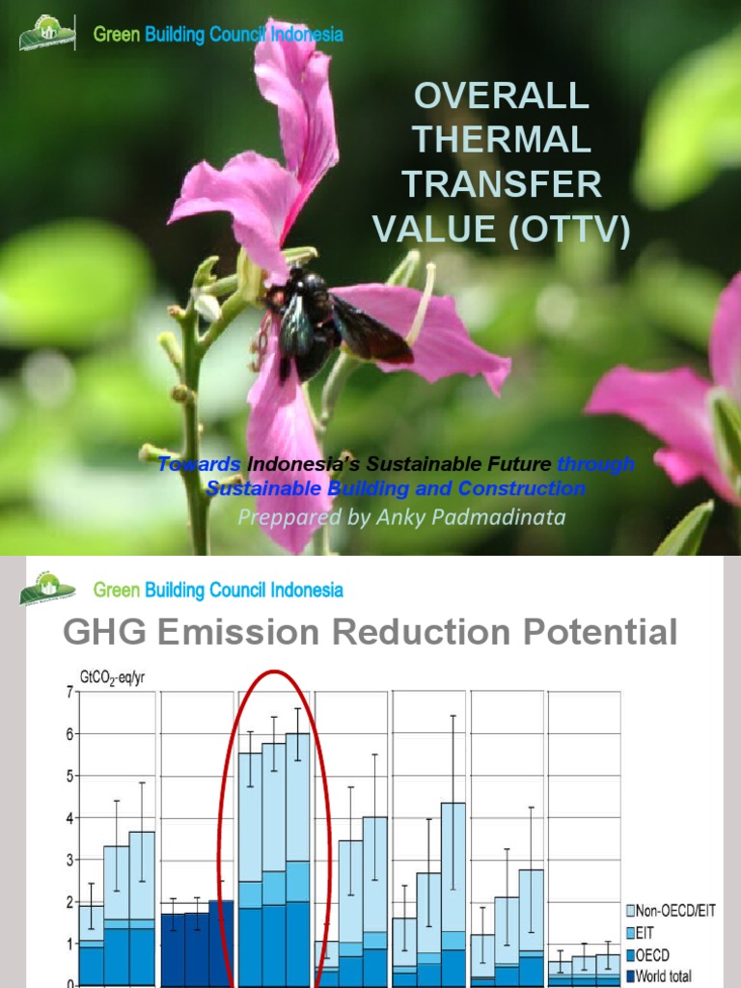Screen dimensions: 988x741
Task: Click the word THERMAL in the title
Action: [502, 140]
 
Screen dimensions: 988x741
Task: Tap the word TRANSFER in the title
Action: [502, 184]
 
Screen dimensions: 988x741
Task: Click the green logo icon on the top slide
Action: [47, 34]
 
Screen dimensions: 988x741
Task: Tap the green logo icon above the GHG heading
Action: [47, 589]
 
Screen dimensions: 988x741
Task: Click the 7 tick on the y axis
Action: [69, 692]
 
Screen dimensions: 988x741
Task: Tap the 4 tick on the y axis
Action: [69, 818]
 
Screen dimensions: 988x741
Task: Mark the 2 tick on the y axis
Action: [69, 902]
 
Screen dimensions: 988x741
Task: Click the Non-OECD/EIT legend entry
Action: [675, 910]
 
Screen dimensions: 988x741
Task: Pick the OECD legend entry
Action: [660, 954]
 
